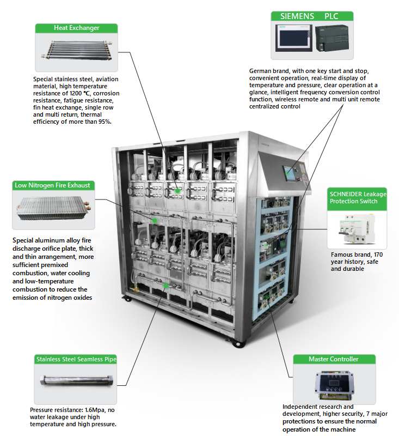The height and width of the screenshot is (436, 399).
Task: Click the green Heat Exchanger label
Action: [x=76, y=28]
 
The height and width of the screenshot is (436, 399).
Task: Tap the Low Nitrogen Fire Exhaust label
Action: [x=53, y=185]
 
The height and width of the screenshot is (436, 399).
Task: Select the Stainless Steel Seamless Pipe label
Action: [x=76, y=359]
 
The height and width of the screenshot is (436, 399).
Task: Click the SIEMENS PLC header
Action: [x=312, y=16]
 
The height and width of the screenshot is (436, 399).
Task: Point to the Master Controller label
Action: [x=334, y=359]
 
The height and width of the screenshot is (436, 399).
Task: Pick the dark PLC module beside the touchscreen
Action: [x=332, y=40]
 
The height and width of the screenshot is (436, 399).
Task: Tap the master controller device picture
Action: [x=334, y=384]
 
